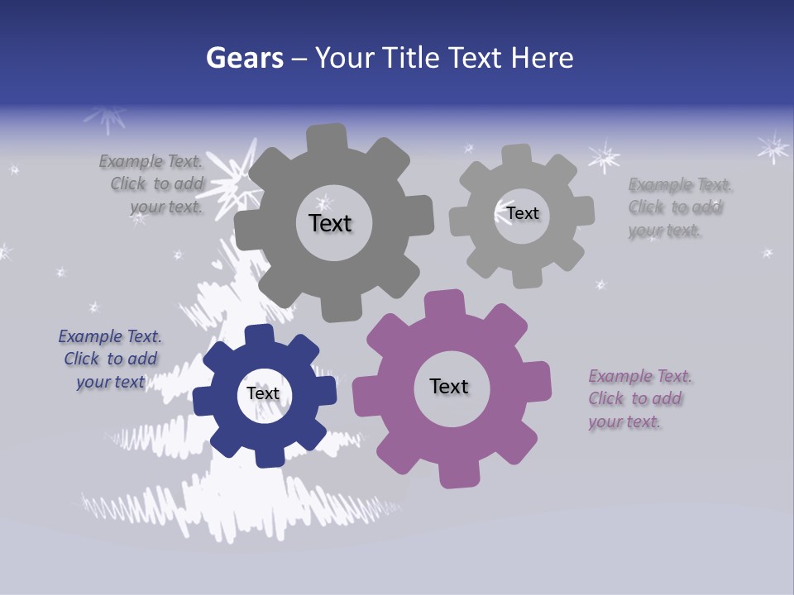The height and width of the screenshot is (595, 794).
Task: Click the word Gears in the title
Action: point(244,58)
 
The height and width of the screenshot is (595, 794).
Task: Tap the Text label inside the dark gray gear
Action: point(330,223)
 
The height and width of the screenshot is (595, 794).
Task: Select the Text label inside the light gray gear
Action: point(523,213)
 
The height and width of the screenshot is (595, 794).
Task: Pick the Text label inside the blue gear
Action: point(263,394)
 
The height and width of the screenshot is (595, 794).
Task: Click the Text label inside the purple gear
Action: point(449,386)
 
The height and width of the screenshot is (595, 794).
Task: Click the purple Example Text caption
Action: point(640,399)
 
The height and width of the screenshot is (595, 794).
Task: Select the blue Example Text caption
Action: point(110,359)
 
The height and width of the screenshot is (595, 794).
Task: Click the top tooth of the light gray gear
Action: point(517,155)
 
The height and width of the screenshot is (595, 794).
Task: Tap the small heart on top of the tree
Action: point(216,264)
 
